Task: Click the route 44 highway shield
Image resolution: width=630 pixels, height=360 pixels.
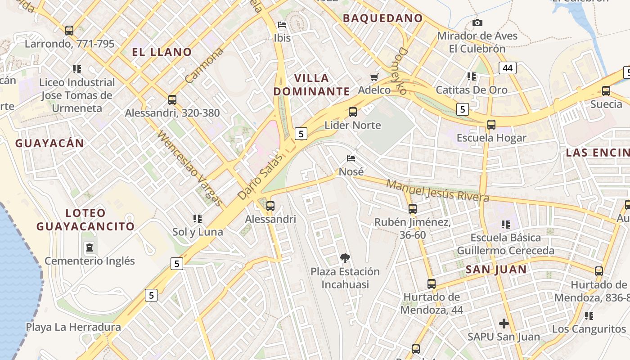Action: (507, 68)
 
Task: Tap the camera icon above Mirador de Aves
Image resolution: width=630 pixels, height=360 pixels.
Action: (477, 22)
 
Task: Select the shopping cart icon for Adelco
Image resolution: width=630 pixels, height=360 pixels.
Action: (374, 77)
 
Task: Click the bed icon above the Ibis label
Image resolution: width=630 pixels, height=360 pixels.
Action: (282, 25)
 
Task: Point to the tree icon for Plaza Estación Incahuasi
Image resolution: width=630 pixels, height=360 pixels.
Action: (345, 258)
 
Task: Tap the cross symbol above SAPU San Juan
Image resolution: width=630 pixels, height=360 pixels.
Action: (504, 323)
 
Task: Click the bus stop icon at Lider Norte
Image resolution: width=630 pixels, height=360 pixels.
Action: (353, 112)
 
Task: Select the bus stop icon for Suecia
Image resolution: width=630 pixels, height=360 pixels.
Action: (606, 91)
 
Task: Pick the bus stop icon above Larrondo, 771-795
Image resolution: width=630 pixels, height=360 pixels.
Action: (69, 31)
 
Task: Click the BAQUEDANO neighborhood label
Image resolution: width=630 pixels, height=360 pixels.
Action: (382, 18)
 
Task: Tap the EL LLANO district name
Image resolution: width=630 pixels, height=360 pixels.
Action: (162, 52)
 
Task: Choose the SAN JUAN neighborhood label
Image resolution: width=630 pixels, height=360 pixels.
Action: (496, 270)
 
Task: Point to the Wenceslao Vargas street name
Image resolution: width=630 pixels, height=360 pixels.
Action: (190, 168)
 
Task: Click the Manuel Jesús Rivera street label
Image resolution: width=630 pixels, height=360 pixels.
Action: (437, 191)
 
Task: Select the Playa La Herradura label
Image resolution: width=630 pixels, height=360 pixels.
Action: (73, 327)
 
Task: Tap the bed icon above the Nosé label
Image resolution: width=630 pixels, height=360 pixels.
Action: (351, 158)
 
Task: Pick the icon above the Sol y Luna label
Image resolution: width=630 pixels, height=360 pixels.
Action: (197, 219)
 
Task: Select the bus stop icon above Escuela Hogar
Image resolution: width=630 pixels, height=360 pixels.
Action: (491, 125)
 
